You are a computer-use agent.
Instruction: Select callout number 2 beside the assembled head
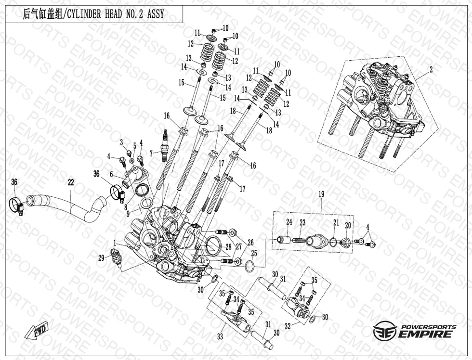click(x=431, y=70)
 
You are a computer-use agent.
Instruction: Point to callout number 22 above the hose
click(x=71, y=182)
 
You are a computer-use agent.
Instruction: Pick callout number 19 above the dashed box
click(x=322, y=194)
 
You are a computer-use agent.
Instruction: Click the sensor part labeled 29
click(x=117, y=256)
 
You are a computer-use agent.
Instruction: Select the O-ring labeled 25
click(x=251, y=266)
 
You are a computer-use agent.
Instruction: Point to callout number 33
click(x=220, y=336)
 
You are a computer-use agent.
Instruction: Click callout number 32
click(x=288, y=326)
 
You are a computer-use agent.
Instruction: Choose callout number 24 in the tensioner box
click(x=289, y=222)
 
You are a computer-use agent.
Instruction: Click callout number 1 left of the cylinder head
click(x=115, y=243)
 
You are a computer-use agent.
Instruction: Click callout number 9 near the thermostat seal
click(x=128, y=214)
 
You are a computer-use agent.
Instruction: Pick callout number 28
click(x=228, y=247)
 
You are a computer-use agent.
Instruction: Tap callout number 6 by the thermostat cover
click(x=111, y=174)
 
